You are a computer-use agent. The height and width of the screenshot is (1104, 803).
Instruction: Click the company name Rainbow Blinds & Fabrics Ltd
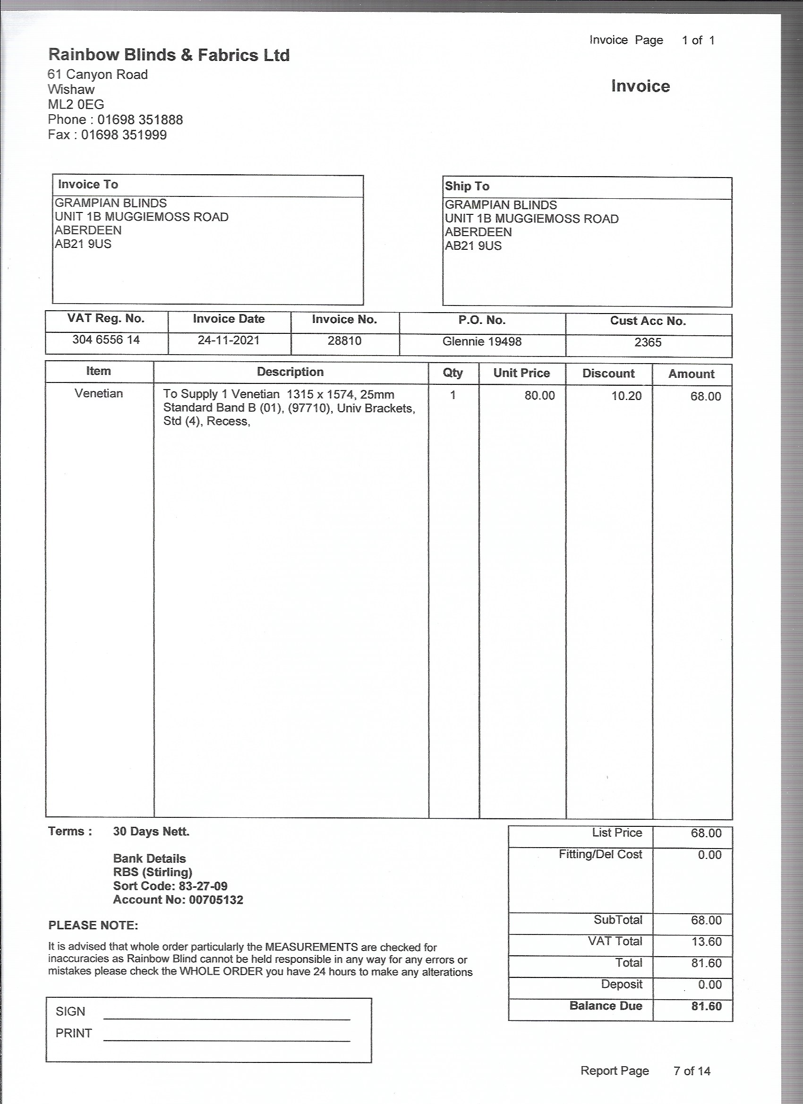click(x=169, y=55)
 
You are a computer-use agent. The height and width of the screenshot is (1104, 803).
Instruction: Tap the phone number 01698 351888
click(x=140, y=120)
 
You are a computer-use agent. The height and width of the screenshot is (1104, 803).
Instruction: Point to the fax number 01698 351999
click(x=124, y=135)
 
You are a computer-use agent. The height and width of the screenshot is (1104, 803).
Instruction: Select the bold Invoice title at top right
click(x=641, y=86)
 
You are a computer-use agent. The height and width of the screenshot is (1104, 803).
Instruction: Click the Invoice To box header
click(x=88, y=185)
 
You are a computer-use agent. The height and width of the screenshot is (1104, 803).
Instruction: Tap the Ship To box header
click(x=467, y=187)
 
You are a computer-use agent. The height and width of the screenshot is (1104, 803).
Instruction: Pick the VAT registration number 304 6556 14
click(x=106, y=340)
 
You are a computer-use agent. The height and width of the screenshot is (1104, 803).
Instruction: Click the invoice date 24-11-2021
click(x=229, y=340)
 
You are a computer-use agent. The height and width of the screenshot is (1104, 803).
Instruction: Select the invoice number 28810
click(x=344, y=341)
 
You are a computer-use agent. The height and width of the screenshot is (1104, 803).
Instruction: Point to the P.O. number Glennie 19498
click(x=482, y=342)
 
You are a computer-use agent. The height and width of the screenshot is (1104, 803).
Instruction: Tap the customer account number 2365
click(x=648, y=343)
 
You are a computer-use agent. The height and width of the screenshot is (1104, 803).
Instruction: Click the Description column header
click(x=290, y=372)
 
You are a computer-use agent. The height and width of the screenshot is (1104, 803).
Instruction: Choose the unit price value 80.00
click(x=539, y=395)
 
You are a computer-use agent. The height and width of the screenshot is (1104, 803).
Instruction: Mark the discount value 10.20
click(x=626, y=396)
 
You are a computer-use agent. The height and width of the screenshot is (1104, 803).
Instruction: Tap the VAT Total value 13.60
click(x=706, y=942)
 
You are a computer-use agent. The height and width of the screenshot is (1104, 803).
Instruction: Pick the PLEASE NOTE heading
click(x=93, y=926)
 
